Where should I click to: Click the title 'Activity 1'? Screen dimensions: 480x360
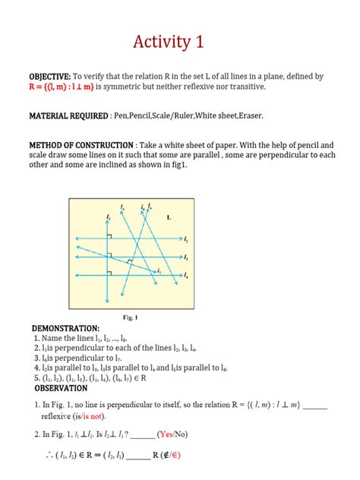(x=179, y=42)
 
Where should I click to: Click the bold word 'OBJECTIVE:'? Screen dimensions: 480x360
(x=50, y=77)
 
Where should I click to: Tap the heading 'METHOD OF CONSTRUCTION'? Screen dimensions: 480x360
(x=81, y=145)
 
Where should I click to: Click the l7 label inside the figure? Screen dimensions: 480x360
(x=159, y=270)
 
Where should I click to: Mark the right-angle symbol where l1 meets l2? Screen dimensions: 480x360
(x=110, y=236)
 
